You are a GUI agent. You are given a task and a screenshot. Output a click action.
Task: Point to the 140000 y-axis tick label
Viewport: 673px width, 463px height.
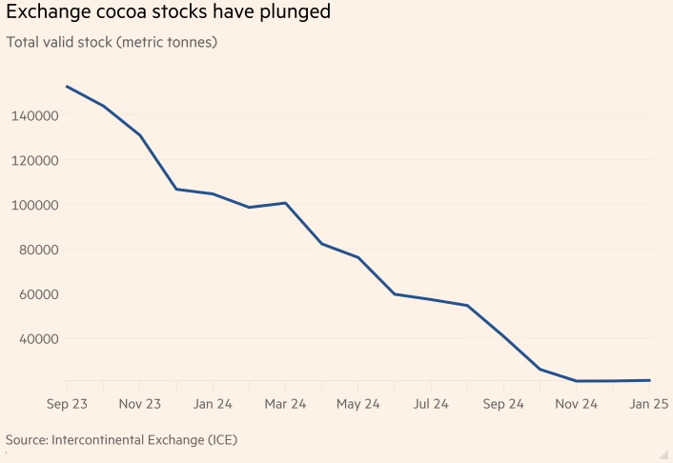tap(35, 115)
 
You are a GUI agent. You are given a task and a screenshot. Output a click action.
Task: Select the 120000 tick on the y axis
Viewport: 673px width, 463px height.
tap(35, 160)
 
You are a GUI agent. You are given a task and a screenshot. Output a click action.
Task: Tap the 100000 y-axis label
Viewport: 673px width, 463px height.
tap(35, 205)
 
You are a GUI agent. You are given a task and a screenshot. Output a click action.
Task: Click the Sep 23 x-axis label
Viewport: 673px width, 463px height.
tap(67, 404)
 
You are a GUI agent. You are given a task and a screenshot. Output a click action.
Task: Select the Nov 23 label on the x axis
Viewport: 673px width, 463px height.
tap(139, 404)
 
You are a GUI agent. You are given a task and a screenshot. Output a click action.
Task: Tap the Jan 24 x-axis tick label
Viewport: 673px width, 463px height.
tap(213, 404)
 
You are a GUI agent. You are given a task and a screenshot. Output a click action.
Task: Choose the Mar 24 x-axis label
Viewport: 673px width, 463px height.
tap(285, 404)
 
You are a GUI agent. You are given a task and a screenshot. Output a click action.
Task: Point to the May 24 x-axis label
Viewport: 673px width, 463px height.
tap(358, 404)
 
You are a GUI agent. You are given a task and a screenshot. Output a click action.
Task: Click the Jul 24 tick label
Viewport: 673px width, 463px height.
tap(431, 404)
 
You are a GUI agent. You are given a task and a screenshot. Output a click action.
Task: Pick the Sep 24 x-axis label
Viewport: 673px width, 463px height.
tap(503, 404)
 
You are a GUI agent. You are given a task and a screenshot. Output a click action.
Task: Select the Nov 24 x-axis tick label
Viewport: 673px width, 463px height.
tap(576, 404)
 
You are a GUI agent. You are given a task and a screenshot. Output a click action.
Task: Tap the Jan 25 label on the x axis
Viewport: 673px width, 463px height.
tap(648, 404)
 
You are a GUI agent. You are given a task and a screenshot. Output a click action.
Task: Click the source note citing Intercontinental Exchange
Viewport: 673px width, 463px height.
tap(121, 440)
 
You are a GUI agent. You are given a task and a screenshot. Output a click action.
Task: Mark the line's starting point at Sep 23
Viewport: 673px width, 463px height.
tap(67, 87)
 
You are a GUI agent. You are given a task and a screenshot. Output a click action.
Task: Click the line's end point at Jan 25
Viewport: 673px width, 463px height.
tap(649, 380)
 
